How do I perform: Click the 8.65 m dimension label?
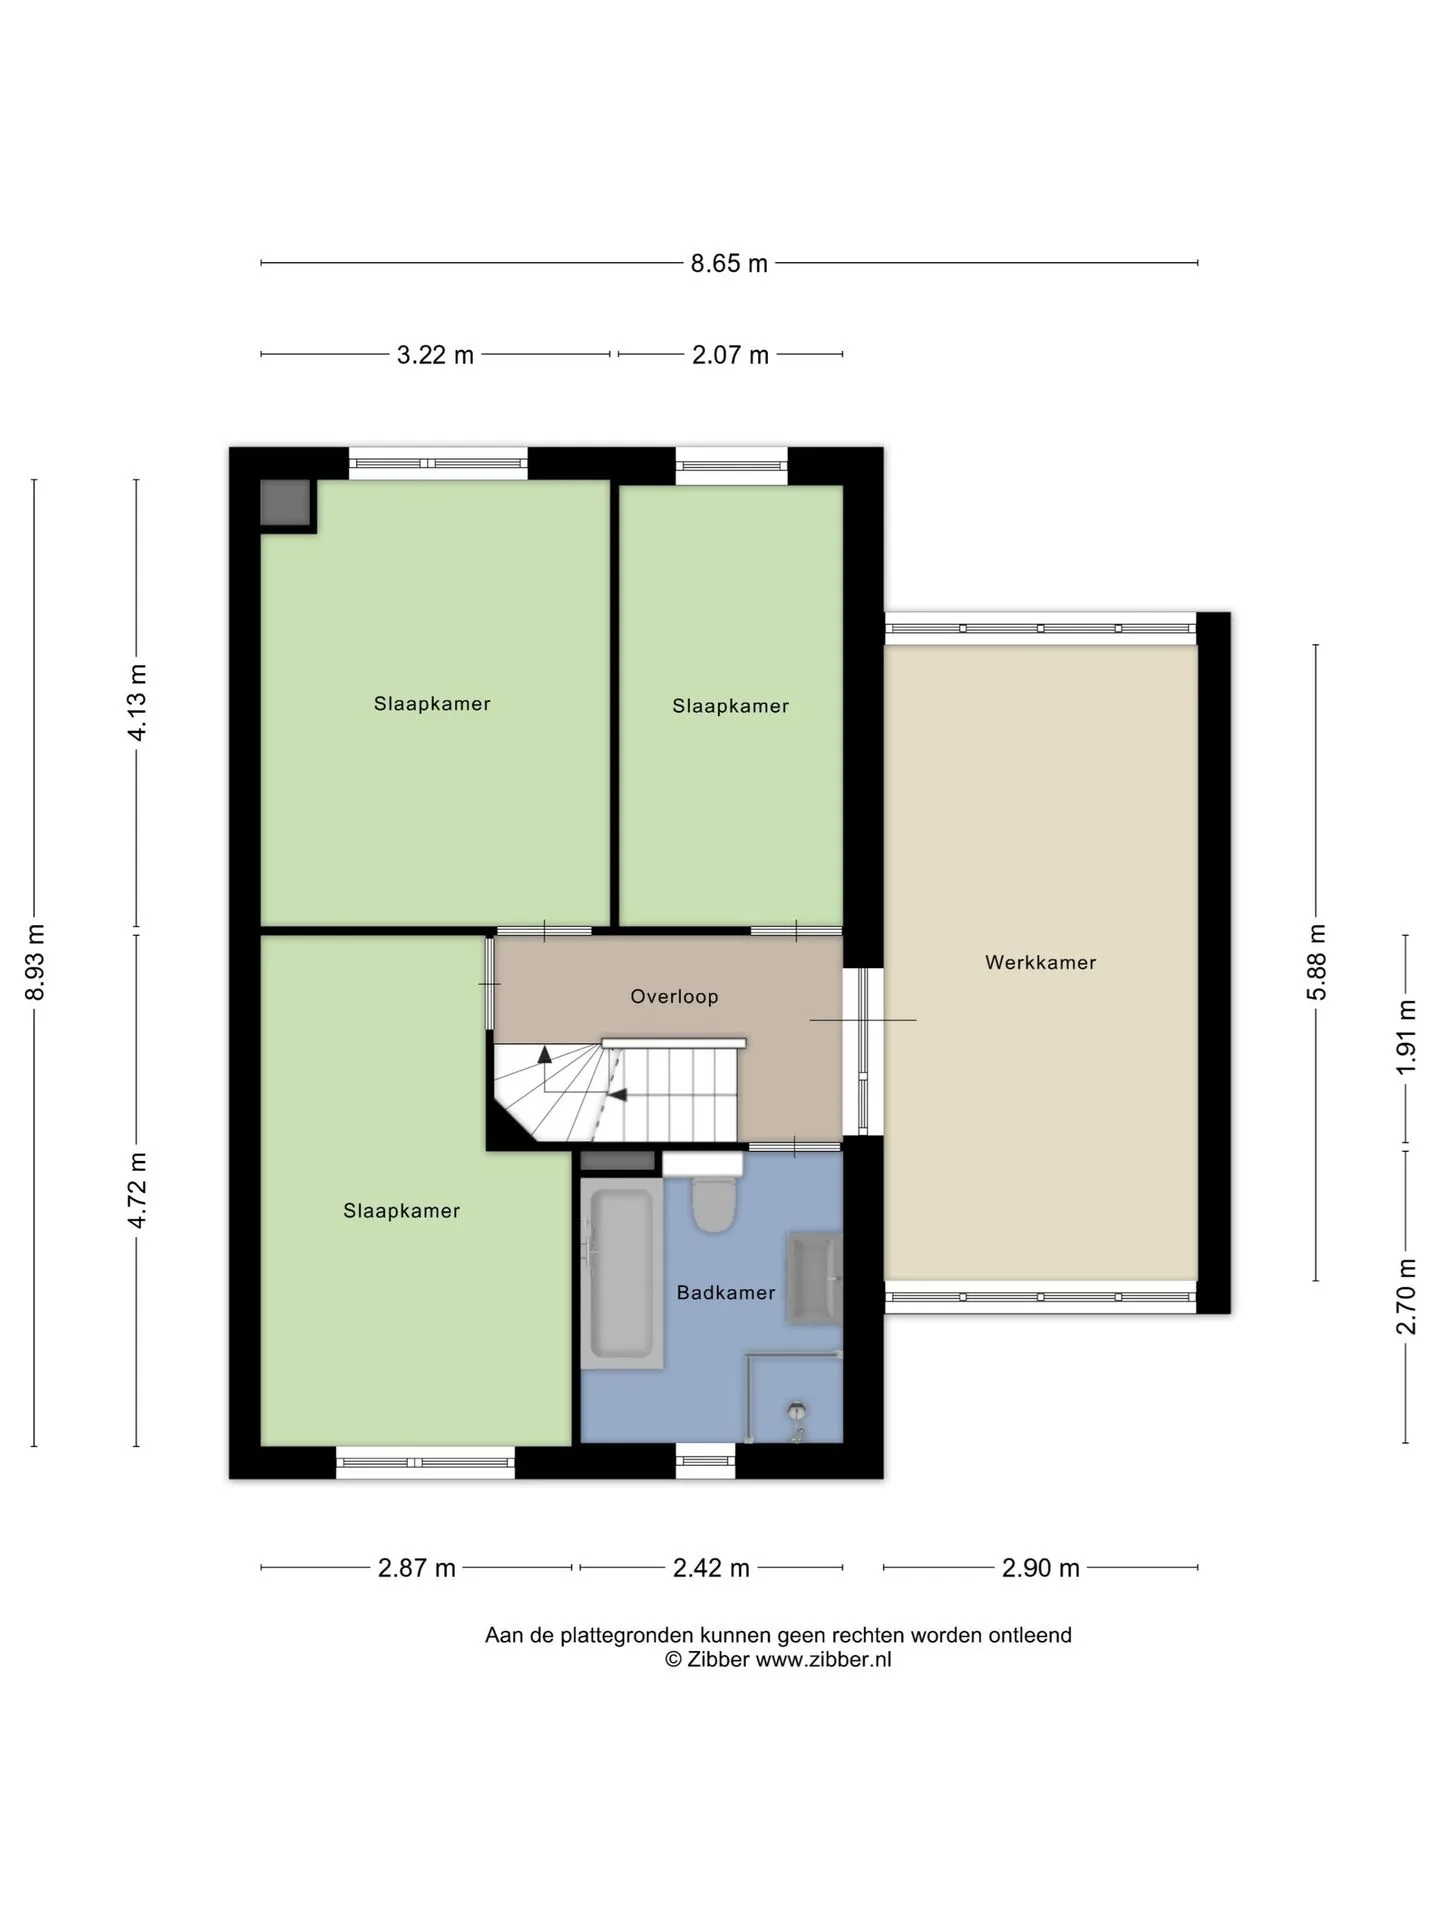(x=729, y=263)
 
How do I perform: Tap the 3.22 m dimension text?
(x=435, y=355)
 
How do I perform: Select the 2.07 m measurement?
(x=730, y=355)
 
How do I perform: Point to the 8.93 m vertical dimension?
(x=35, y=962)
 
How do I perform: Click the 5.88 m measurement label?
(x=1317, y=962)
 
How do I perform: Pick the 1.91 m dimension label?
(x=1406, y=1038)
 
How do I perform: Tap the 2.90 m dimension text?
(x=1041, y=1568)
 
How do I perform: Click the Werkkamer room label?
(x=1040, y=963)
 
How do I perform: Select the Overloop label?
(x=674, y=997)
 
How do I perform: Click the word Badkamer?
(x=726, y=1293)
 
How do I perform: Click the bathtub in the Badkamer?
(x=621, y=1273)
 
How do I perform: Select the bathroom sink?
(x=815, y=1279)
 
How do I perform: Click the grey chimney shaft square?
(x=286, y=503)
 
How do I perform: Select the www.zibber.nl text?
(x=823, y=1660)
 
